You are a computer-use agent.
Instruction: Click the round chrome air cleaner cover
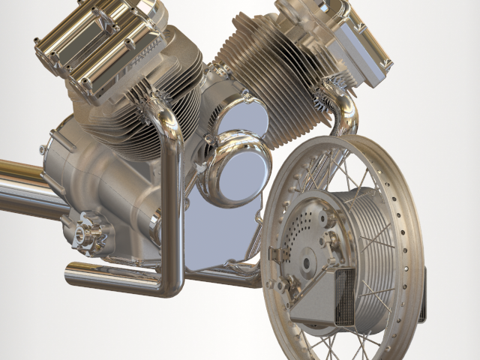pyautogui.click(x=233, y=169)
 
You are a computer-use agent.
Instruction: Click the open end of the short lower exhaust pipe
pyautogui.click(x=72, y=274)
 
